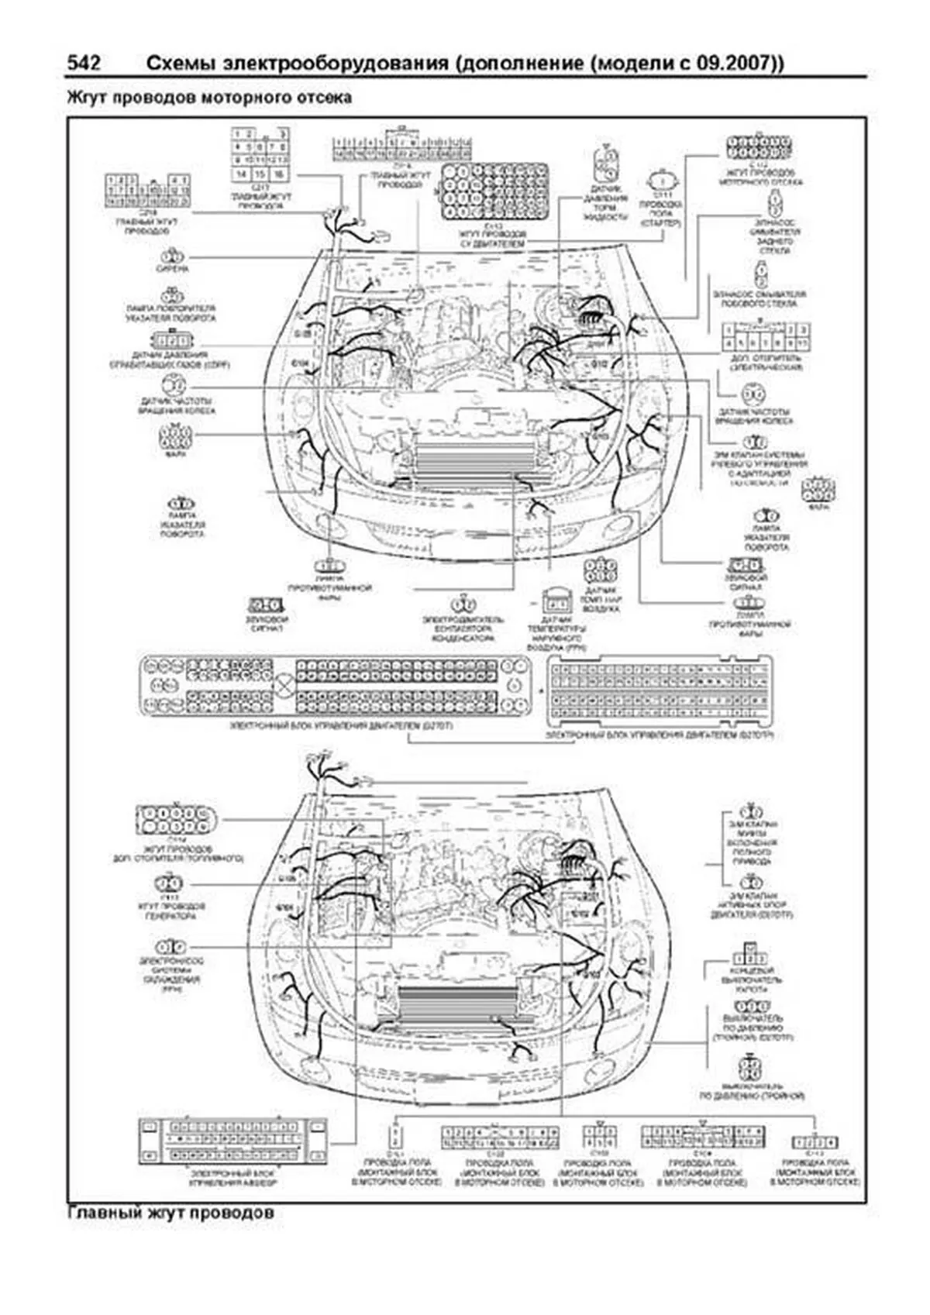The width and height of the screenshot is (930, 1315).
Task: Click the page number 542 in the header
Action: (84, 64)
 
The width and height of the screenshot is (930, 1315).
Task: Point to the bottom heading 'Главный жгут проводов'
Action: (170, 1213)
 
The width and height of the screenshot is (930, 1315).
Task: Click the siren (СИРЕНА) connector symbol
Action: (173, 256)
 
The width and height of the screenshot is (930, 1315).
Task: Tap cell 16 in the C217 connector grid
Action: (278, 174)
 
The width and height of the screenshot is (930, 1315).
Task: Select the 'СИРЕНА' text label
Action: (173, 270)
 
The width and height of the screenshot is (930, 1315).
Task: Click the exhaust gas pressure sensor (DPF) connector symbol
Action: (170, 341)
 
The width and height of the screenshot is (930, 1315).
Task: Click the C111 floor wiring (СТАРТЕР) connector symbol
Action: (660, 179)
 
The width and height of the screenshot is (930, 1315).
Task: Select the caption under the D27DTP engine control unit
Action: (660, 734)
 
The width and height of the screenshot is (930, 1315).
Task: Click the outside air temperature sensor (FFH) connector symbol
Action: (556, 601)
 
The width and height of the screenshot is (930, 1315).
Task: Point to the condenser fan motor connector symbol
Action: (463, 604)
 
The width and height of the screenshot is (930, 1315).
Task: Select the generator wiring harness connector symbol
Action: (169, 883)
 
